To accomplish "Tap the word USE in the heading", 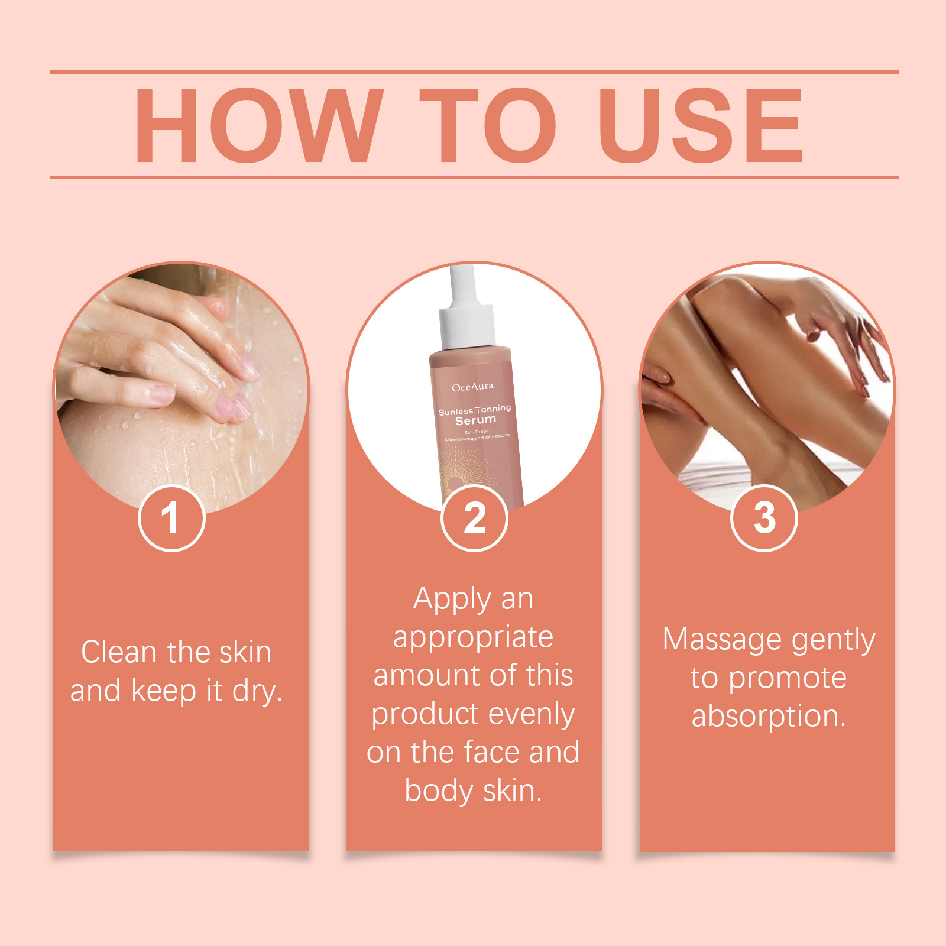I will point(701,125).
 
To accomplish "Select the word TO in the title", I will point(488,125).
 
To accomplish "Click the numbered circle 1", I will point(171,518).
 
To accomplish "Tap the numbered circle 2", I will point(474,518).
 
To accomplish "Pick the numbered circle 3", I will point(764,518).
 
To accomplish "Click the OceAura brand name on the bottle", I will point(472,387).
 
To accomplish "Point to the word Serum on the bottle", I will point(475,420).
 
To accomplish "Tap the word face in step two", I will point(494,753).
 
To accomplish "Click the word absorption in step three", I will point(768,717).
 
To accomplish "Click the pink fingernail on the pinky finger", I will point(161,393).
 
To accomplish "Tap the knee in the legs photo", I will point(724,296).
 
